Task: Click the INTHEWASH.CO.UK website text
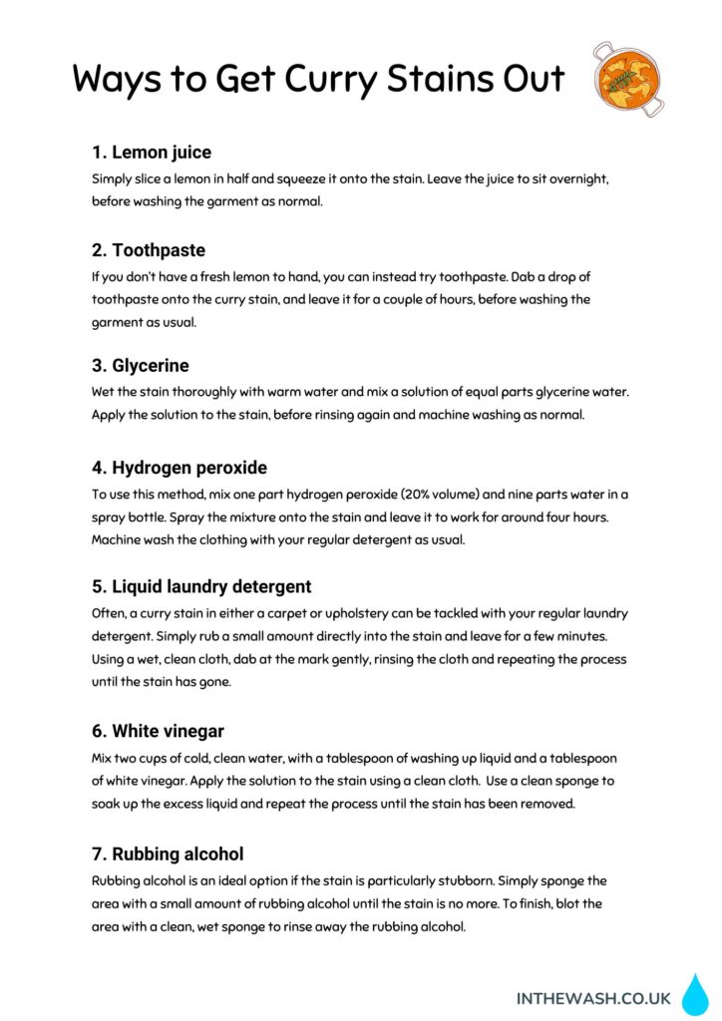(x=592, y=998)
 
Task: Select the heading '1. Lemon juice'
(x=152, y=153)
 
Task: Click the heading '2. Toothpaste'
(x=149, y=249)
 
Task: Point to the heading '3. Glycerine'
(x=141, y=365)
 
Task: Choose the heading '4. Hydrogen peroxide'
(x=180, y=468)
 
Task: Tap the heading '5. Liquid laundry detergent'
(x=201, y=586)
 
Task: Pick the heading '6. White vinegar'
(x=158, y=731)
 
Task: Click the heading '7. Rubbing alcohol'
(x=168, y=853)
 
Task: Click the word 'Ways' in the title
(x=116, y=79)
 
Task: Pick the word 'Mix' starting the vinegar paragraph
(x=104, y=758)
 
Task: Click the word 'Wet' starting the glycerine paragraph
(x=105, y=392)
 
